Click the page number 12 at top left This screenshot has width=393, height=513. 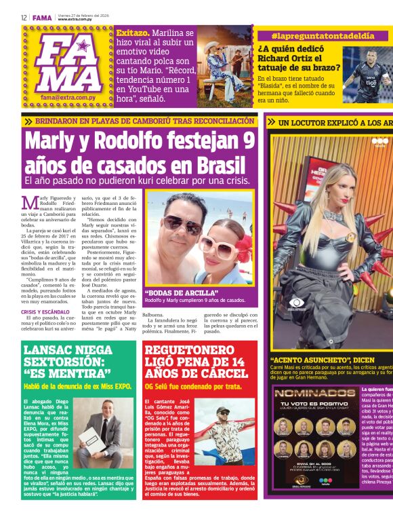click(24, 18)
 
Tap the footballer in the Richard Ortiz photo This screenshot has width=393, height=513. click(370, 74)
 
